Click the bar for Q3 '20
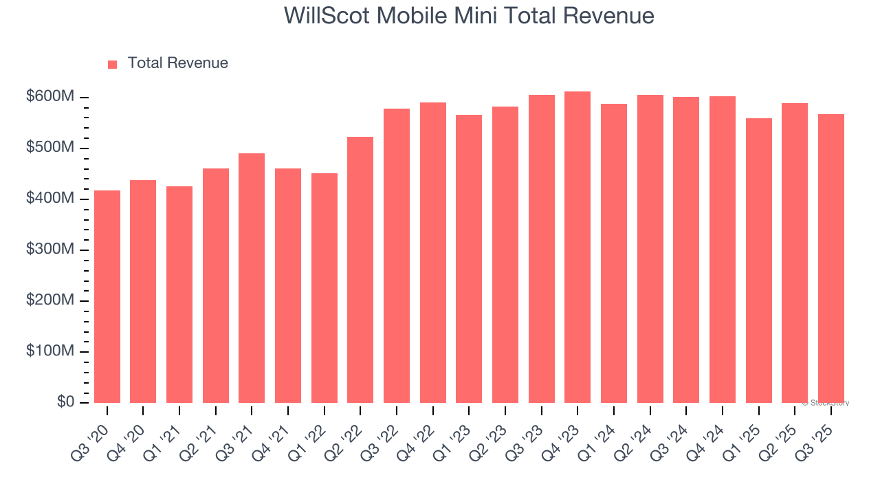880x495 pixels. [x=107, y=296]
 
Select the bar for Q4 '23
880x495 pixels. [x=577, y=247]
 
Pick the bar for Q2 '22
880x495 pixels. [x=360, y=269]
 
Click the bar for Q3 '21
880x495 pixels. [x=252, y=278]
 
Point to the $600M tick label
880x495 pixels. [x=49, y=97]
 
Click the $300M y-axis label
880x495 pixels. [x=49, y=250]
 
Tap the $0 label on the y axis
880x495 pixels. [x=65, y=401]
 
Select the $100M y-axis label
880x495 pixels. [x=49, y=351]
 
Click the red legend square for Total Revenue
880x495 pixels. [x=113, y=64]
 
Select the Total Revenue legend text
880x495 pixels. [x=177, y=63]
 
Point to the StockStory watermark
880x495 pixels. [x=826, y=403]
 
